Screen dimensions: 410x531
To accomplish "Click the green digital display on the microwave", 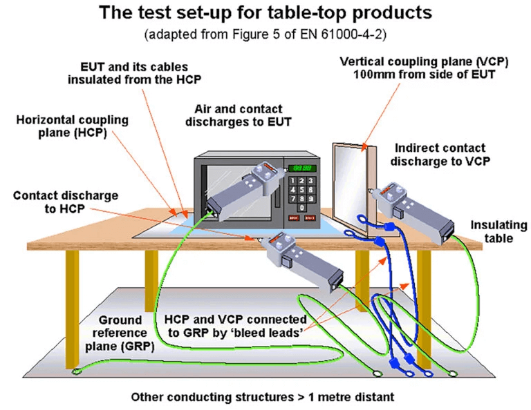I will coord(304,168).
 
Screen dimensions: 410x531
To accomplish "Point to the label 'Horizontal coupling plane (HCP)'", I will coord(73,126).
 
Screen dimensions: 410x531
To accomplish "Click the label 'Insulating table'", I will coord(499,232).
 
